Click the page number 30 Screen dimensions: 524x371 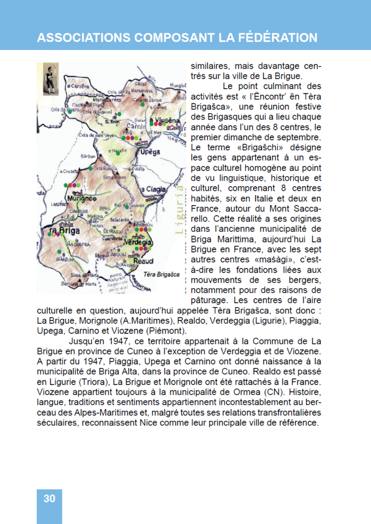49,499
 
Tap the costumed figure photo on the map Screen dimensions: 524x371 49,79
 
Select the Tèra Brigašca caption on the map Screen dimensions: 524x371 161,274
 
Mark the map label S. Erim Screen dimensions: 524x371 111,122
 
